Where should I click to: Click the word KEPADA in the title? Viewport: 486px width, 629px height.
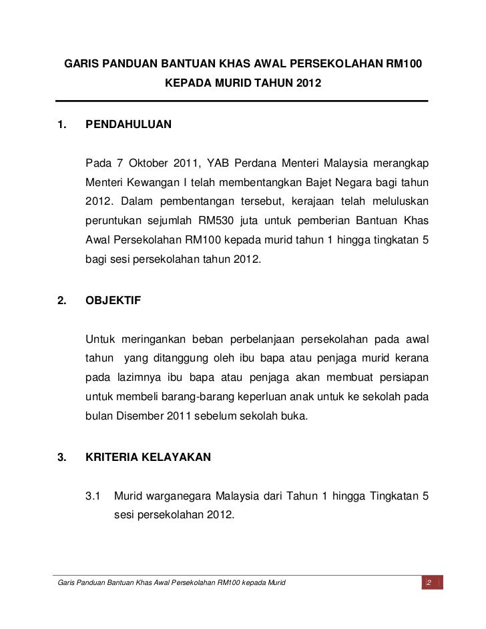click(188, 85)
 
